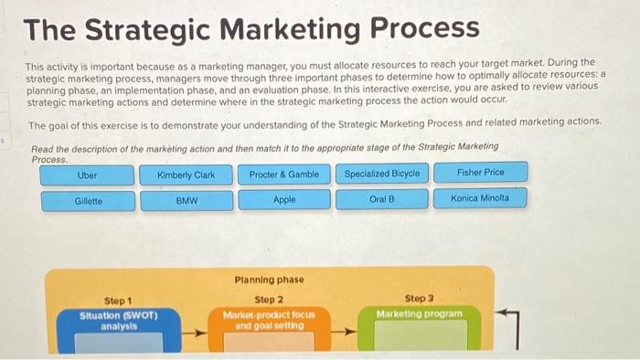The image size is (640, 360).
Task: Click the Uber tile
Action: pyautogui.click(x=87, y=174)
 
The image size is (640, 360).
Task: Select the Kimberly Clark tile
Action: pyautogui.click(x=186, y=174)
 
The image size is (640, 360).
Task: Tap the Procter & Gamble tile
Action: pyautogui.click(x=284, y=174)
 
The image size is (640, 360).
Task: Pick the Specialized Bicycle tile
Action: pyautogui.click(x=382, y=173)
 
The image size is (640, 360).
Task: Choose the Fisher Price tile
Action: pyautogui.click(x=481, y=172)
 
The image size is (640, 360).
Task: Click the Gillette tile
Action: pyautogui.click(x=88, y=200)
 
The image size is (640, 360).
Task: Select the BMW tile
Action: pyautogui.click(x=187, y=200)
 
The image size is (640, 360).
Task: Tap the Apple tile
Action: pyautogui.click(x=284, y=199)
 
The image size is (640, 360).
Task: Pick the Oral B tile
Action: pyautogui.click(x=382, y=198)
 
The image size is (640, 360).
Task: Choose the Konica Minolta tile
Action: pyautogui.click(x=481, y=197)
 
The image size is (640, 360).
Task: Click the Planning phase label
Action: pyautogui.click(x=269, y=280)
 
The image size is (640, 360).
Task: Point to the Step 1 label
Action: pyautogui.click(x=118, y=301)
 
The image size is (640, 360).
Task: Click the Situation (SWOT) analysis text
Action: pyautogui.click(x=119, y=321)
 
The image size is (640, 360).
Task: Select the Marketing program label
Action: pyautogui.click(x=419, y=313)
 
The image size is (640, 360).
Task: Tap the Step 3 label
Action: pyautogui.click(x=419, y=298)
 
